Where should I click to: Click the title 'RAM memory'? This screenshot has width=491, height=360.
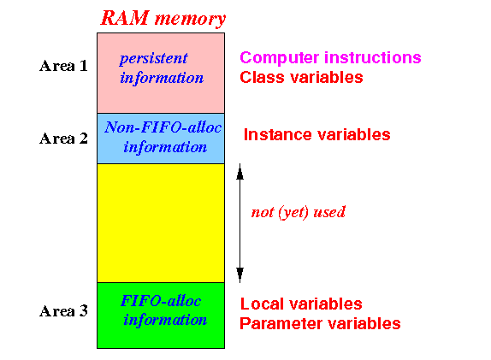click(163, 18)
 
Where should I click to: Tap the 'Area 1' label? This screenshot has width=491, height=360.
click(63, 66)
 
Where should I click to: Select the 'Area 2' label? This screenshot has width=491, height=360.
click(63, 139)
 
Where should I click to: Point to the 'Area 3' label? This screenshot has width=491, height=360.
click(63, 311)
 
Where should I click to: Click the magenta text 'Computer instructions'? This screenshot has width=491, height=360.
click(330, 57)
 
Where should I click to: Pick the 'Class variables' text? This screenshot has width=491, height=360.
click(301, 77)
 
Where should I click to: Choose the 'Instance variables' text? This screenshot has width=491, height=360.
click(316, 134)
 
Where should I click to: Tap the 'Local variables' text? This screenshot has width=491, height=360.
click(301, 304)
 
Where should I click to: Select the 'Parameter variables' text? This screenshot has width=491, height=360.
click(320, 323)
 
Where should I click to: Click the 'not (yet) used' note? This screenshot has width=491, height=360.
click(299, 213)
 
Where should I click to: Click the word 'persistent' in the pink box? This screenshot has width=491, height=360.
click(153, 58)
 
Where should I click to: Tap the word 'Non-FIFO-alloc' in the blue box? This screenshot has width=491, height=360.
click(163, 127)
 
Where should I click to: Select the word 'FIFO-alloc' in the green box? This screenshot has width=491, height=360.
click(161, 301)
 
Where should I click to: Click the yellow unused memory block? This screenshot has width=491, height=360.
click(161, 223)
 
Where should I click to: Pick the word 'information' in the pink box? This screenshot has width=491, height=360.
click(162, 79)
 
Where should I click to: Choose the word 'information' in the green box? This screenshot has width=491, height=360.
click(165, 321)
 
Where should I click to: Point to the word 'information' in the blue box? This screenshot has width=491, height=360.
click(165, 147)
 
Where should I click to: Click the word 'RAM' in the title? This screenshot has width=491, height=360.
click(125, 18)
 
